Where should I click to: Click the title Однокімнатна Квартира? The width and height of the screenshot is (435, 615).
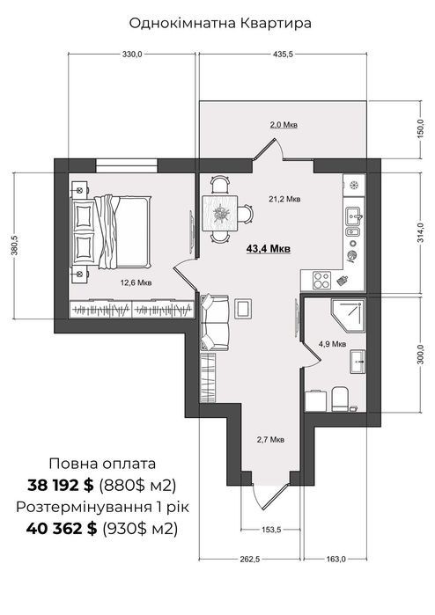click(x=220, y=23)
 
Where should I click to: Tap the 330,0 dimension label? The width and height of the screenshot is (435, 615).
click(x=132, y=55)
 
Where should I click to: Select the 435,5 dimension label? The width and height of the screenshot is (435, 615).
click(x=283, y=55)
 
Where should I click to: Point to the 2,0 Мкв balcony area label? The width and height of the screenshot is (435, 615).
click(x=284, y=125)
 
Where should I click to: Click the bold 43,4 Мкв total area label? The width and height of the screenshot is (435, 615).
click(x=269, y=248)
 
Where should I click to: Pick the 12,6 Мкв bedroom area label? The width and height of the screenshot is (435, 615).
click(x=136, y=282)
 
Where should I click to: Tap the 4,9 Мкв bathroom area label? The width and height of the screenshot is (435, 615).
click(x=332, y=344)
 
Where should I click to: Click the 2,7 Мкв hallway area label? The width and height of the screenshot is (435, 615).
click(x=270, y=439)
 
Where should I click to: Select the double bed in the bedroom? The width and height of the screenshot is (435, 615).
click(x=110, y=231)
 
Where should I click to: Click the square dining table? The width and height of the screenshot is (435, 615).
click(x=220, y=214)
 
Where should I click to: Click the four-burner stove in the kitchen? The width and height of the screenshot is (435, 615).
click(x=321, y=280)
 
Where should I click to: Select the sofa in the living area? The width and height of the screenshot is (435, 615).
click(x=214, y=323)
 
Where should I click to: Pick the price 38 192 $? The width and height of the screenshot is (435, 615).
click(x=61, y=486)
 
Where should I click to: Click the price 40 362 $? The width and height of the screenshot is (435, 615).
click(x=62, y=529)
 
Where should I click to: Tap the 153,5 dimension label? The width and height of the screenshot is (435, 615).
click(x=271, y=530)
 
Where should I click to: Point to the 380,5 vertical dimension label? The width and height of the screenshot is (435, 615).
click(x=14, y=245)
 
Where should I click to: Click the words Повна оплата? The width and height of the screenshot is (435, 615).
click(x=102, y=464)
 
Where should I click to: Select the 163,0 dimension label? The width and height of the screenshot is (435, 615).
click(x=335, y=560)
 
